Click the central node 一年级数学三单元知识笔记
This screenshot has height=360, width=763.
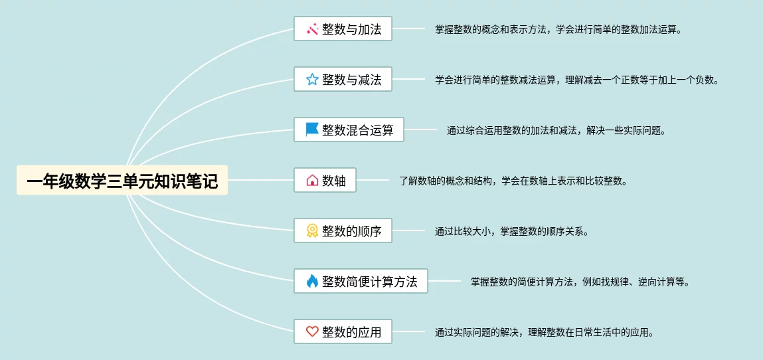122,180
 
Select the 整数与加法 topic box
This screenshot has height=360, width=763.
343,29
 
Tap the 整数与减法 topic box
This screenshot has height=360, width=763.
343,80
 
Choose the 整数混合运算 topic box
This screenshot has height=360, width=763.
349,130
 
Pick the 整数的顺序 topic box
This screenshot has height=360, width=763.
343,231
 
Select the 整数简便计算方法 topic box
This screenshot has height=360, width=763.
361,281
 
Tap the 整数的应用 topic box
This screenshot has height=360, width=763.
343,331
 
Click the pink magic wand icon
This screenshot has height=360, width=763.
312,29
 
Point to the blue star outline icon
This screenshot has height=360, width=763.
312,80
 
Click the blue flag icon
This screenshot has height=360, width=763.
312,130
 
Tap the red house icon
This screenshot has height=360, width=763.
312,180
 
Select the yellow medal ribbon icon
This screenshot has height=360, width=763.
312,231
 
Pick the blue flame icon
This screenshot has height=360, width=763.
312,281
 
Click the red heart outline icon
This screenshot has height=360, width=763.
312,331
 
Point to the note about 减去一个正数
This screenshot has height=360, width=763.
576,80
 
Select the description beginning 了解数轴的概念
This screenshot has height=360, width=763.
513,181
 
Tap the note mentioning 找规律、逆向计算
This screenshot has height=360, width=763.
580,282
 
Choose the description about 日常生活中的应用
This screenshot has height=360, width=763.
544,332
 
